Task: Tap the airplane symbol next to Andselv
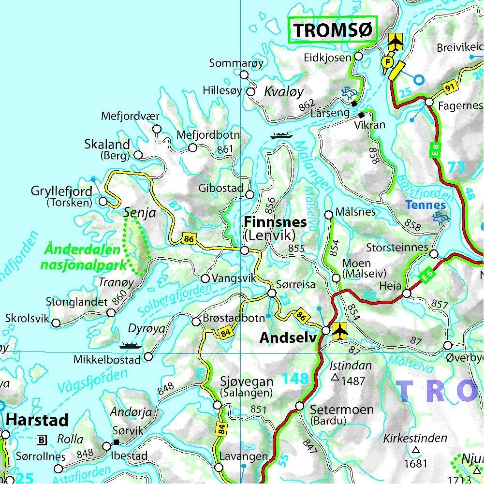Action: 340,330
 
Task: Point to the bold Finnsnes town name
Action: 276,222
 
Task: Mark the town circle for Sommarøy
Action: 244,75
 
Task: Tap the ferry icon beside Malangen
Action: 281,135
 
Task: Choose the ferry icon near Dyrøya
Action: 130,345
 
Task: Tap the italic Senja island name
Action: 139,212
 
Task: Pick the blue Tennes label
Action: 425,204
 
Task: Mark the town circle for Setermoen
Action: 300,406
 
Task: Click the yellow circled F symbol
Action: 387,62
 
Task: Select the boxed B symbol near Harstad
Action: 42,440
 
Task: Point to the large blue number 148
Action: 295,379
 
